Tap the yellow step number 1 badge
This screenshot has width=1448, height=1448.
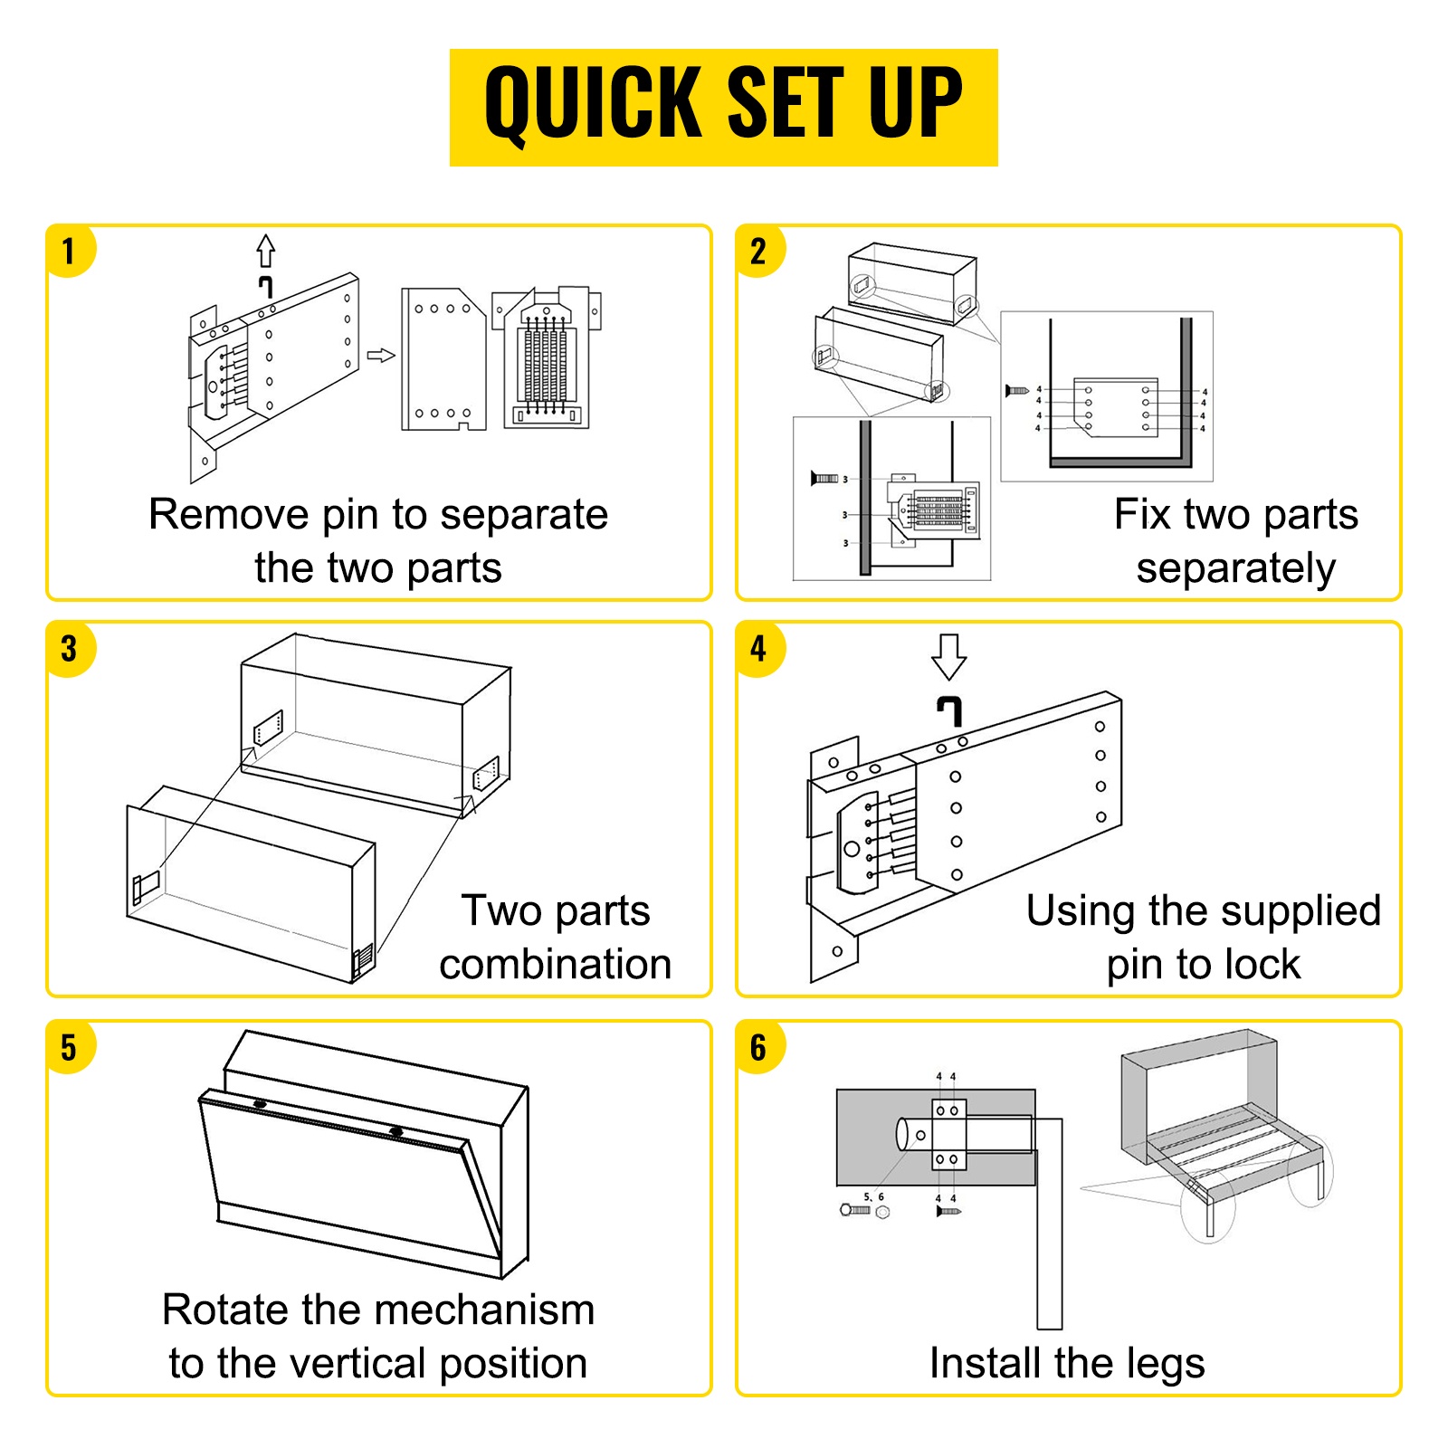click(70, 251)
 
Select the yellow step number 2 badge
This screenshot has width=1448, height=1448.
click(758, 251)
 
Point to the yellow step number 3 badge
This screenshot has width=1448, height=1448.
click(70, 649)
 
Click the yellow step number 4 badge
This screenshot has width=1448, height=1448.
click(758, 649)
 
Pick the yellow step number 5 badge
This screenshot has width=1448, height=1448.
click(70, 1047)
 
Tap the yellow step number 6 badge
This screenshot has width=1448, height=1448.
click(758, 1047)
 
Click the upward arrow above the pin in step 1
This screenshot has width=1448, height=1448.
click(265, 251)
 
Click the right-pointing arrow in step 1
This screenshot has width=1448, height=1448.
click(381, 356)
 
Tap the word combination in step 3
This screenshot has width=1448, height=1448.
click(556, 964)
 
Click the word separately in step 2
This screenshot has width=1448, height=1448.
click(1236, 569)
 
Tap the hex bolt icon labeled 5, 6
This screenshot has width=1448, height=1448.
click(856, 1209)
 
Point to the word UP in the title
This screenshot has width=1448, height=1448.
click(916, 103)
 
